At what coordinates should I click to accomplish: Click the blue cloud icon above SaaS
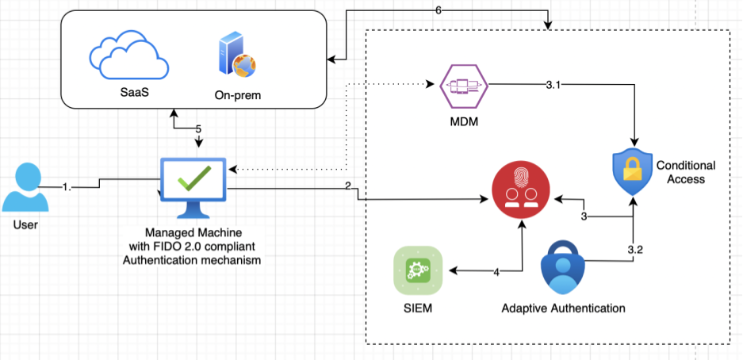[129, 56]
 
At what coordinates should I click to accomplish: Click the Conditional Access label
[685, 172]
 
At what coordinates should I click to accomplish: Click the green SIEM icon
[414, 270]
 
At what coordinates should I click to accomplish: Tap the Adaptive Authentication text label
[564, 308]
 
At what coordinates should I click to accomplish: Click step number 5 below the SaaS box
[199, 128]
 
